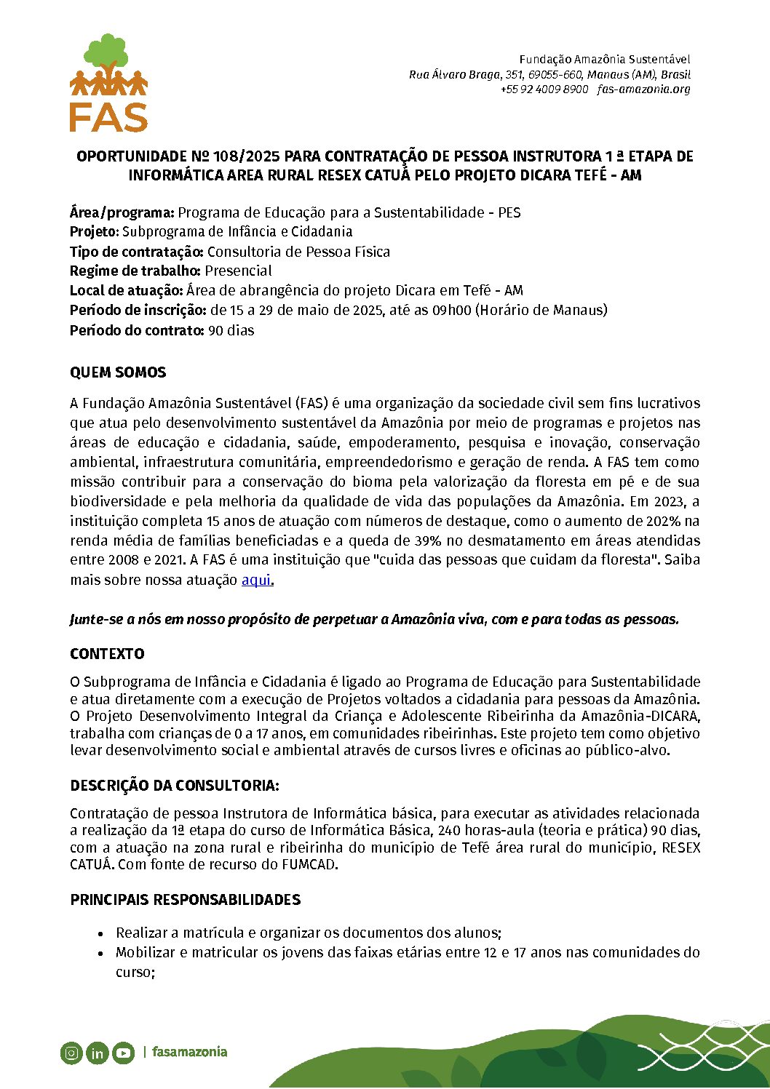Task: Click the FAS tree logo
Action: click(108, 82)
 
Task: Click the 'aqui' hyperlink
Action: click(256, 580)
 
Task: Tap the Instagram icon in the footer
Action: click(71, 1053)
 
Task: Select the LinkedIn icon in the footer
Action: click(97, 1053)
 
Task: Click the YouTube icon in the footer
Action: click(123, 1053)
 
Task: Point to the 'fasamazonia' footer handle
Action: click(189, 1052)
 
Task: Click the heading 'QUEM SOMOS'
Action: click(118, 372)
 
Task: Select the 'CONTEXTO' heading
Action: click(107, 654)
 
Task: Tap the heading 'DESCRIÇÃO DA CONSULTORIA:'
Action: click(175, 786)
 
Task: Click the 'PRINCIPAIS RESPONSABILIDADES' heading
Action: click(185, 900)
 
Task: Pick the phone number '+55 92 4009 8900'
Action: click(544, 89)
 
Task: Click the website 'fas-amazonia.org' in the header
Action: click(643, 89)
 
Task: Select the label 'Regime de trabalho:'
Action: click(135, 271)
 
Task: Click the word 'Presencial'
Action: click(238, 271)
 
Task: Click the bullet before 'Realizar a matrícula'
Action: click(100, 933)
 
